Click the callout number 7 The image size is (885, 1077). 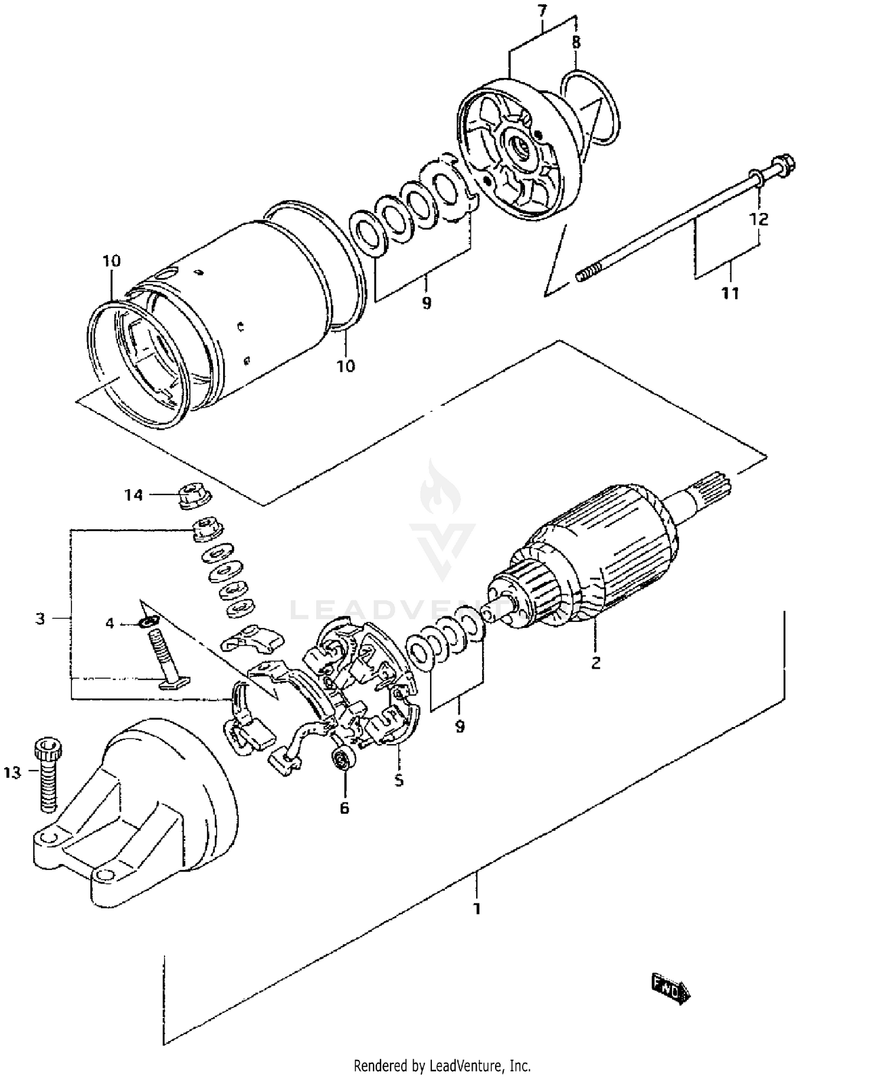click(542, 10)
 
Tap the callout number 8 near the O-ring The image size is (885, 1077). click(576, 42)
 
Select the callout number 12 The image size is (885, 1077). click(759, 219)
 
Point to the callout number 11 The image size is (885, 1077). click(730, 293)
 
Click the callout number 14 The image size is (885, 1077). click(134, 495)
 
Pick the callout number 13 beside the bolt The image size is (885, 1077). click(12, 772)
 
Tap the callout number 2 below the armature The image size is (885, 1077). click(596, 662)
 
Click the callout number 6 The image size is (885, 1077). click(345, 807)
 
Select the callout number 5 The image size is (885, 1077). click(399, 780)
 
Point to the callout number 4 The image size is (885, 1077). click(110, 623)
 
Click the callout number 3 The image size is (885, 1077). click(40, 619)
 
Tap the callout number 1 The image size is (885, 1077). click(477, 909)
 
